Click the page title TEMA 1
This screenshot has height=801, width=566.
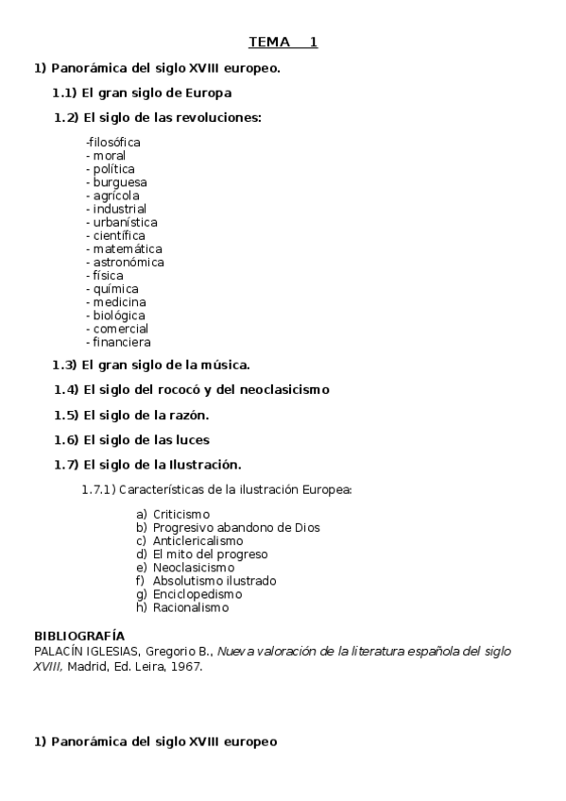[x=283, y=43]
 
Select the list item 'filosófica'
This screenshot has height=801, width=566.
[x=113, y=143]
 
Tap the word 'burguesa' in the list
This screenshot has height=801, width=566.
[x=120, y=182]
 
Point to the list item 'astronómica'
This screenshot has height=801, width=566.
[x=129, y=262]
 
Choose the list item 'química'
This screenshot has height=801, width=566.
[x=116, y=289]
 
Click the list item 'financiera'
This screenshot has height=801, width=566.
[x=122, y=342]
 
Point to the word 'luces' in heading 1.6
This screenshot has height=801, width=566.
[x=189, y=440]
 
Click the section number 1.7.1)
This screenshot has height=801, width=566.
[x=101, y=490]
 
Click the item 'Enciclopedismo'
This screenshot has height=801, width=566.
[x=197, y=594]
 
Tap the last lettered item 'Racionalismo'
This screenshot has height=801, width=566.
[x=191, y=607]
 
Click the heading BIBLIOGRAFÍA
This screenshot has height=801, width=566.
[x=79, y=636]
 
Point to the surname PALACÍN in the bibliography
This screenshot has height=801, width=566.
[x=60, y=652]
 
